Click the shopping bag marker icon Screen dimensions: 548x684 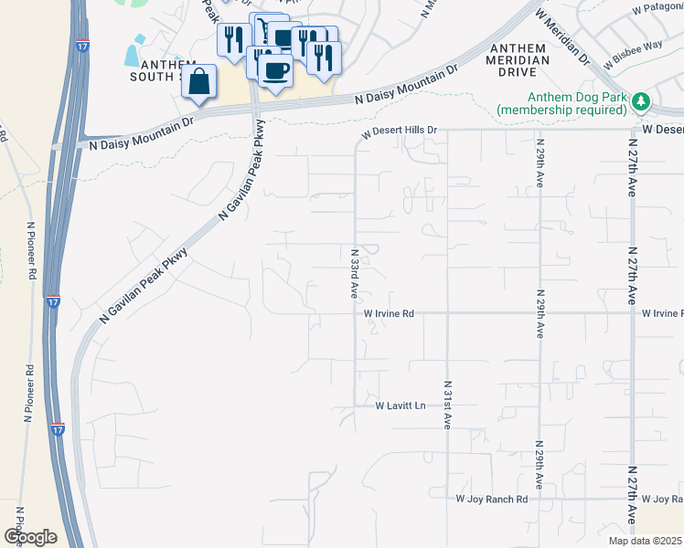point(199,81)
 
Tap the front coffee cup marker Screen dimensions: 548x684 point(275,68)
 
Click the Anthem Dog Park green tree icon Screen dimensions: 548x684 point(642,100)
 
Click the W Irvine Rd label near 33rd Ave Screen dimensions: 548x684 point(389,313)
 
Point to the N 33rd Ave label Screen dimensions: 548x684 point(354,273)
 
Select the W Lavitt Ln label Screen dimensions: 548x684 point(401,405)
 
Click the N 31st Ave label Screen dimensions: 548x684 point(448,405)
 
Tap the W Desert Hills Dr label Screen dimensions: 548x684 point(400,131)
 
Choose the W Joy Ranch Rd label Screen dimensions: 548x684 point(492,500)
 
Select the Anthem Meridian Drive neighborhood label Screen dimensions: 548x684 point(518,54)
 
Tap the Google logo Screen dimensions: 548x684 point(30,536)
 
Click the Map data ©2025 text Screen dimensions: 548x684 point(646,541)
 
